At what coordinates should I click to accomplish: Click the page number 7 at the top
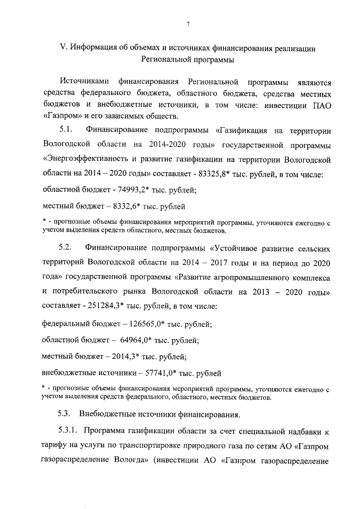coord(188,24)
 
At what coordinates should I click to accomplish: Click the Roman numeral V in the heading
coord(62,48)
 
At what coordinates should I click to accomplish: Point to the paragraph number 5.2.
coord(66,247)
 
